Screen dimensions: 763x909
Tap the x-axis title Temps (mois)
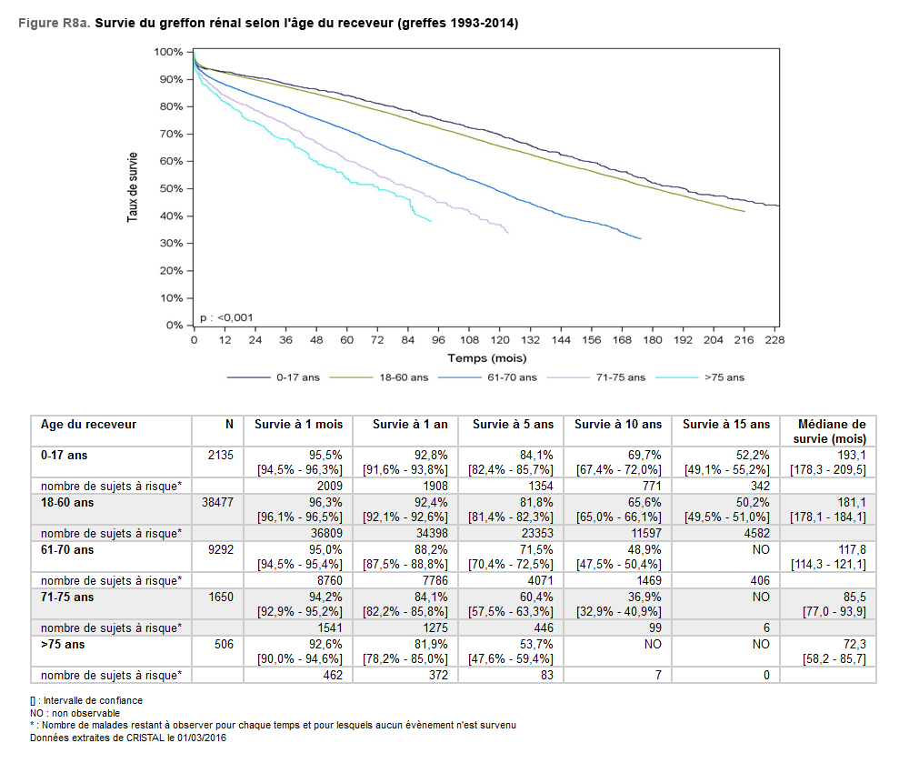pyautogui.click(x=485, y=358)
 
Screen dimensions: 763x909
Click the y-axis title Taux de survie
pyautogui.click(x=133, y=187)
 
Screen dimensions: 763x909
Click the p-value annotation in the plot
pyautogui.click(x=226, y=317)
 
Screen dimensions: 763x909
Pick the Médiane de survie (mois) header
pyautogui.click(x=831, y=431)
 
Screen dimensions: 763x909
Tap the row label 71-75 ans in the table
pyautogui.click(x=66, y=597)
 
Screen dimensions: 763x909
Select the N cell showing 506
pyautogui.click(x=224, y=645)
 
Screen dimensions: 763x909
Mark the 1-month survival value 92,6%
pyautogui.click(x=325, y=645)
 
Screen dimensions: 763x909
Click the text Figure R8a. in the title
pyautogui.click(x=54, y=23)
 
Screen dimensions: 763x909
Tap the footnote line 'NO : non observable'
pyautogui.click(x=75, y=713)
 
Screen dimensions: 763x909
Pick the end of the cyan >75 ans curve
pyautogui.click(x=431, y=221)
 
